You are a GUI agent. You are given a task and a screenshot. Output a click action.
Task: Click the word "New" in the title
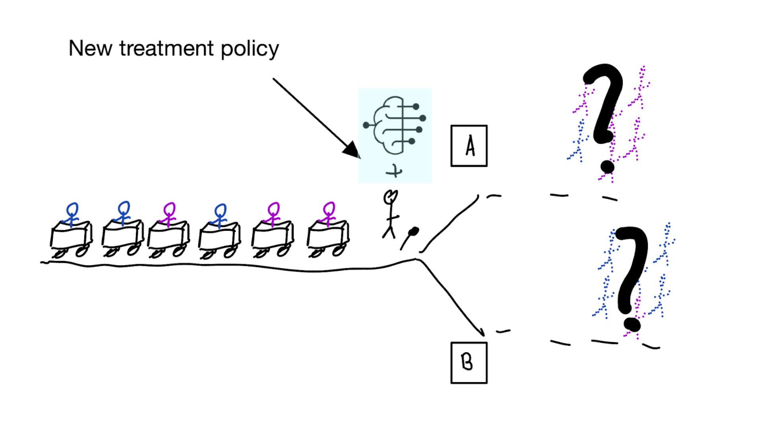pyautogui.click(x=90, y=48)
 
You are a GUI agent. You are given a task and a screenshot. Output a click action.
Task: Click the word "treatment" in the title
pyautogui.click(x=167, y=48)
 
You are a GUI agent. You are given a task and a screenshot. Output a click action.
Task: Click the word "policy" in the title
pyautogui.click(x=250, y=49)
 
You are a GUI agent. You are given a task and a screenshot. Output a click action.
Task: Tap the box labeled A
pyautogui.click(x=469, y=146)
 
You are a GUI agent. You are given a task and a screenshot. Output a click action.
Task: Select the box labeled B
pyautogui.click(x=469, y=363)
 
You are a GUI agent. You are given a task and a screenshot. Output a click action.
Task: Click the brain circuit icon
pyautogui.click(x=395, y=125)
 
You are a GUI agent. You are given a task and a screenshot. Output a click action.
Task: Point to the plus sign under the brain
pyautogui.click(x=394, y=172)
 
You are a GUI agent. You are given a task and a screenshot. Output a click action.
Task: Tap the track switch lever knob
pyautogui.click(x=413, y=231)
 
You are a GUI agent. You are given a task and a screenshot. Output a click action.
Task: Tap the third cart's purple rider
pyautogui.click(x=169, y=214)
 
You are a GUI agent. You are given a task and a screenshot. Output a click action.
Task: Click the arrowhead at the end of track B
pyautogui.click(x=482, y=332)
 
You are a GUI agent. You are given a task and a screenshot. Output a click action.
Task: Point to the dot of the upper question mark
pyautogui.click(x=607, y=167)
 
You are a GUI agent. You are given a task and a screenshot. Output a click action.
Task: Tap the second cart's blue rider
pyautogui.click(x=124, y=213)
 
